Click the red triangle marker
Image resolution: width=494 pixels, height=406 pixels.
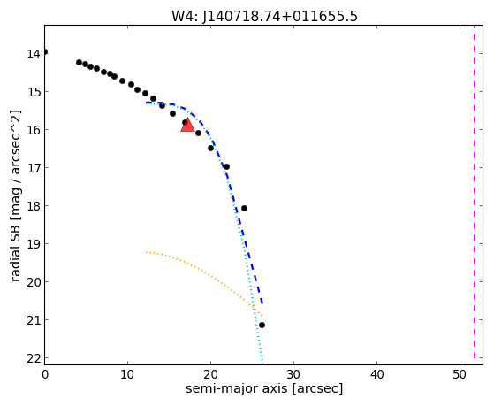coord(187,126)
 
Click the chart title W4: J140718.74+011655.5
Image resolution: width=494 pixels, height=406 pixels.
coord(264,16)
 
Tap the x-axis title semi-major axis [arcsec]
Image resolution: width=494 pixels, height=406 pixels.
coord(264,388)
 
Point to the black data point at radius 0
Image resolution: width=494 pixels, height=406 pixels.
coord(45,51)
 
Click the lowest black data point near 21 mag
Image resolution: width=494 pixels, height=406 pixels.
coord(262,325)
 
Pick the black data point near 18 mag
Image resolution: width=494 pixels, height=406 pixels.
coord(244,208)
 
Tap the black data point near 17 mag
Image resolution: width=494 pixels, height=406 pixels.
coord(226,166)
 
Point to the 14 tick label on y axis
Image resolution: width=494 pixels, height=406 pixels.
coord(34,54)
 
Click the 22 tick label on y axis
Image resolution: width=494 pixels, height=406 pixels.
coord(34,358)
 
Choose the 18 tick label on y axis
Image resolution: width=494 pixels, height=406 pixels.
coord(34,206)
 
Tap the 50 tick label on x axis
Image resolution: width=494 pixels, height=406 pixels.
coord(460,374)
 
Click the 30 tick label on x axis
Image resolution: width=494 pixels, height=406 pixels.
coord(293,374)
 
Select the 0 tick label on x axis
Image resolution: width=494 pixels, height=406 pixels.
coord(45,374)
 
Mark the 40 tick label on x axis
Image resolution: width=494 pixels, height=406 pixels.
coord(376,374)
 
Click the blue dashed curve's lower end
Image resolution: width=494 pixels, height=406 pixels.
coord(262,304)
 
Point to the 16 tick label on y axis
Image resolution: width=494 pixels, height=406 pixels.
coord(34,130)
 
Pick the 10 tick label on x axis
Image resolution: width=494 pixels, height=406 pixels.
coord(127,374)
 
